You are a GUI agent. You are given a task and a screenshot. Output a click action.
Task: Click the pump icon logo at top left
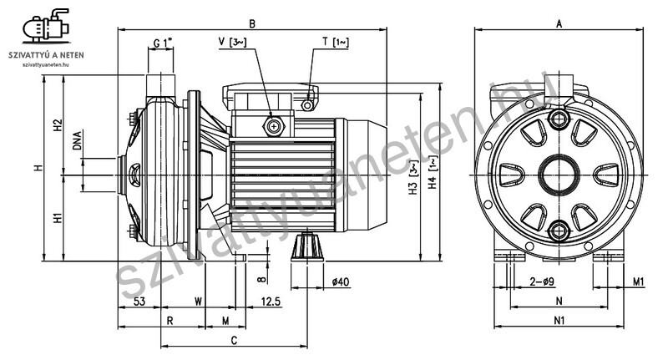46,26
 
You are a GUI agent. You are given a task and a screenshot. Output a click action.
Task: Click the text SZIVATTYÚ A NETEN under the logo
46,55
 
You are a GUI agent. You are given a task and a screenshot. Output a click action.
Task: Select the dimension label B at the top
252,24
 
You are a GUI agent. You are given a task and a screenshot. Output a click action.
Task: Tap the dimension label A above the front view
559,24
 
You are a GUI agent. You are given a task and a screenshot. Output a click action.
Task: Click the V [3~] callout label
233,42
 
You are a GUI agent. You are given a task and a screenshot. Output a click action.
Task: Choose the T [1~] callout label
336,42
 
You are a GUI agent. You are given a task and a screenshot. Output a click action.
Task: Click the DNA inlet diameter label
77,140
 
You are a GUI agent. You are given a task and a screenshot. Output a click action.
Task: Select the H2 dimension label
58,124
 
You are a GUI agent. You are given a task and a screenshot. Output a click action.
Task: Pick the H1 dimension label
58,218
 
